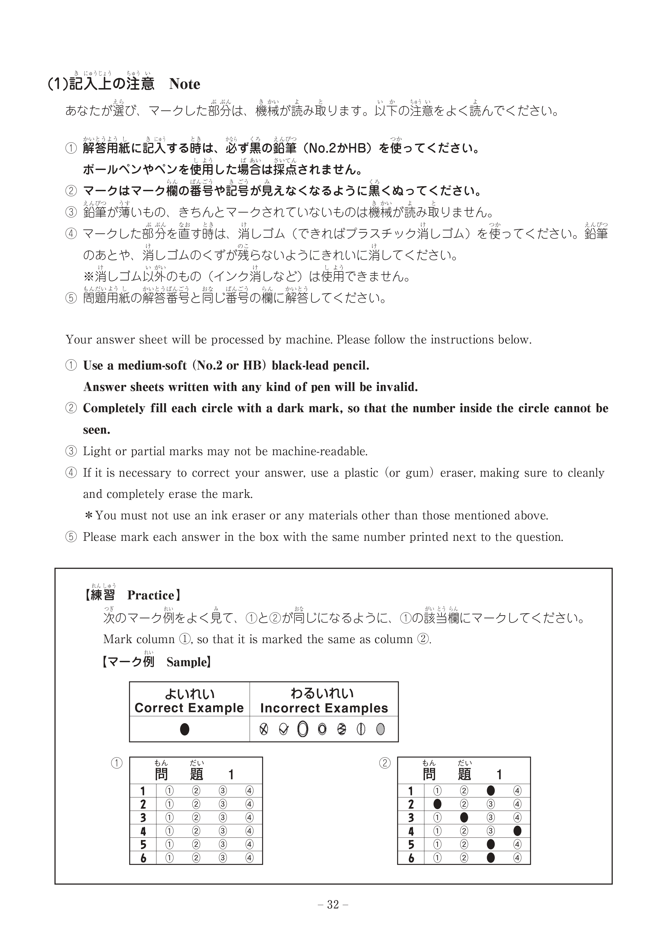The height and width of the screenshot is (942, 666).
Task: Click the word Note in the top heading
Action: point(184,84)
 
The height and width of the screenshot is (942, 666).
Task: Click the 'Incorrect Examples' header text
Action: point(324,708)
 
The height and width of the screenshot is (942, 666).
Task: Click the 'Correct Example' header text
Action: point(189,708)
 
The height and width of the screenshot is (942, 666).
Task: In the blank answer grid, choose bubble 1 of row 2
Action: point(169,804)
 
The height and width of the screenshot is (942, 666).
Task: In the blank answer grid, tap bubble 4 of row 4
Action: point(249,831)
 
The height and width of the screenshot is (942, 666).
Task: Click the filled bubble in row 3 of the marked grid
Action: point(464,817)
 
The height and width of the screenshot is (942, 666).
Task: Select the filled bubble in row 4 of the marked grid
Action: point(517,831)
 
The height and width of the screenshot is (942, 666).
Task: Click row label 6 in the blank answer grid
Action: point(143,858)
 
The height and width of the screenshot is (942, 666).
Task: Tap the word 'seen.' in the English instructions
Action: point(97,430)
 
